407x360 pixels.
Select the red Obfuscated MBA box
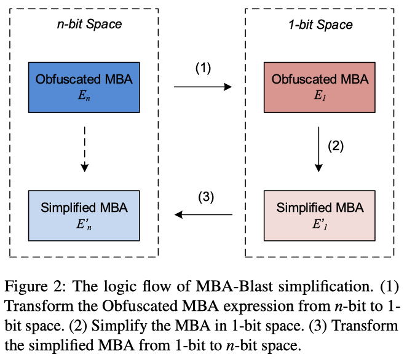point(320,87)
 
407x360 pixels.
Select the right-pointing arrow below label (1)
point(203,87)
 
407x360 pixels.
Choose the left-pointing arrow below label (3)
point(203,215)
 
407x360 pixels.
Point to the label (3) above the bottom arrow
point(205,197)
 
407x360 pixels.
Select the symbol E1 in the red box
point(320,95)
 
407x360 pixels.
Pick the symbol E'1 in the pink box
point(320,224)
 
